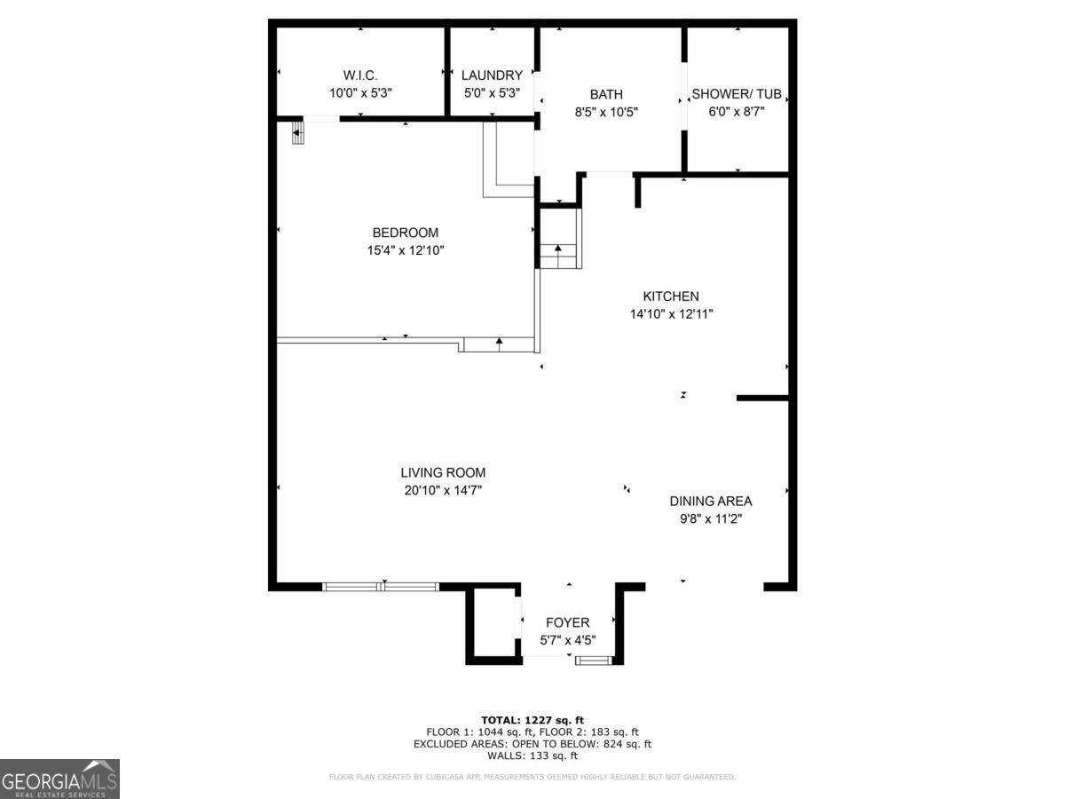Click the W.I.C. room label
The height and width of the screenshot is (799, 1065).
360,75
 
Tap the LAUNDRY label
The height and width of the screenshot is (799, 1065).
492,75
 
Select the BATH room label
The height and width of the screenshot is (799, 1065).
606,94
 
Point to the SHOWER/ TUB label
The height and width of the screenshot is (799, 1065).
736,94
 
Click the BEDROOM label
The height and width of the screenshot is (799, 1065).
405,233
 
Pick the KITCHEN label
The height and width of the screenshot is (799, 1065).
671,297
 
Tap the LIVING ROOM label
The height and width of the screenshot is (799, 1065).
442,473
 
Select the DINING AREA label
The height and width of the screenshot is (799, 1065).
710,501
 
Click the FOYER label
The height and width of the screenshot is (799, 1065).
567,623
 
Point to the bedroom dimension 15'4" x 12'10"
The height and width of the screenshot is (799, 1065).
405,250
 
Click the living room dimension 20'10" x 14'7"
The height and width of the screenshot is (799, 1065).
442,490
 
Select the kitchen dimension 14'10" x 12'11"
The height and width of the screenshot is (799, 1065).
671,313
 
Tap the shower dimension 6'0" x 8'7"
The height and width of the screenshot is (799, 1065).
736,111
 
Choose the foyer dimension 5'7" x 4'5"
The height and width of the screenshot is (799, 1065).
567,640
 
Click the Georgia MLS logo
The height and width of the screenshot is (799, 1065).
59,779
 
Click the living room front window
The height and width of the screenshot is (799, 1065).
381,586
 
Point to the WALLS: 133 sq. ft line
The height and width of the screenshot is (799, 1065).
532,756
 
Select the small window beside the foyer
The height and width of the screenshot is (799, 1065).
593,660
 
